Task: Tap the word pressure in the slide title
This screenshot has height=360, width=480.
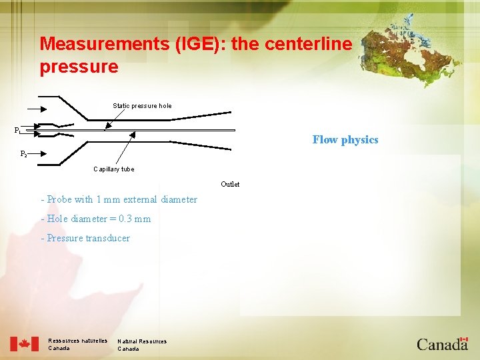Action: [x=79, y=67]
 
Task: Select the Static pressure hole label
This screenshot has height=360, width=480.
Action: [x=142, y=105]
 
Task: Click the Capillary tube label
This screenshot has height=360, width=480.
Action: [x=113, y=169]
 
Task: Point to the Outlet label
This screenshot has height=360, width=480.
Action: [x=230, y=184]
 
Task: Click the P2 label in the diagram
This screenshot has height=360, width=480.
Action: [x=23, y=154]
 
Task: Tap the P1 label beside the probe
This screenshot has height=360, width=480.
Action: [x=18, y=130]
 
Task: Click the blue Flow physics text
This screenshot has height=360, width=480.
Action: [x=345, y=139]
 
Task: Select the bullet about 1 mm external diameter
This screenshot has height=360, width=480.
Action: [x=119, y=199]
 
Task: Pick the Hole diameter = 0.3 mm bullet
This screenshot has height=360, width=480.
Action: [x=95, y=219]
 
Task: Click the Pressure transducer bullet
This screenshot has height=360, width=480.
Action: [x=85, y=238]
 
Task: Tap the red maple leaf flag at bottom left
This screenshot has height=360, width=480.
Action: [x=25, y=344]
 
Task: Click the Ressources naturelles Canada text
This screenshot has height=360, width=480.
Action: [x=77, y=345]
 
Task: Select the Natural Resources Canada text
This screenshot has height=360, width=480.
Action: [x=142, y=345]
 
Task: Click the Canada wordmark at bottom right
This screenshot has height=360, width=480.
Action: [x=442, y=343]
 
